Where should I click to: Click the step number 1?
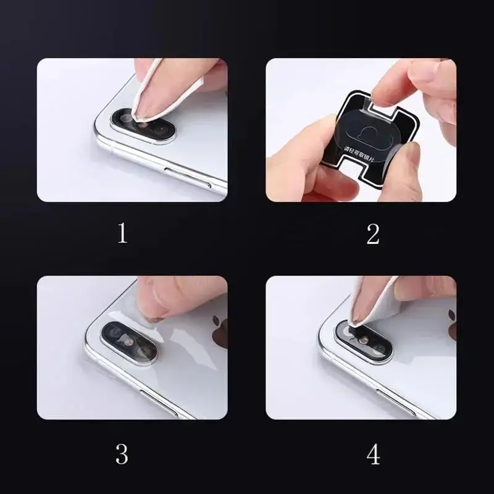(x=122, y=233)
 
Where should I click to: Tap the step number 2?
(x=372, y=233)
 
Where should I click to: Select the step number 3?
(x=122, y=454)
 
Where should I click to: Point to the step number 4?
(x=373, y=454)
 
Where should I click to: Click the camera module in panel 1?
(x=143, y=124)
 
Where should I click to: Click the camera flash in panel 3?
(x=127, y=340)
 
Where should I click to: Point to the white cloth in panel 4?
(x=371, y=306)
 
